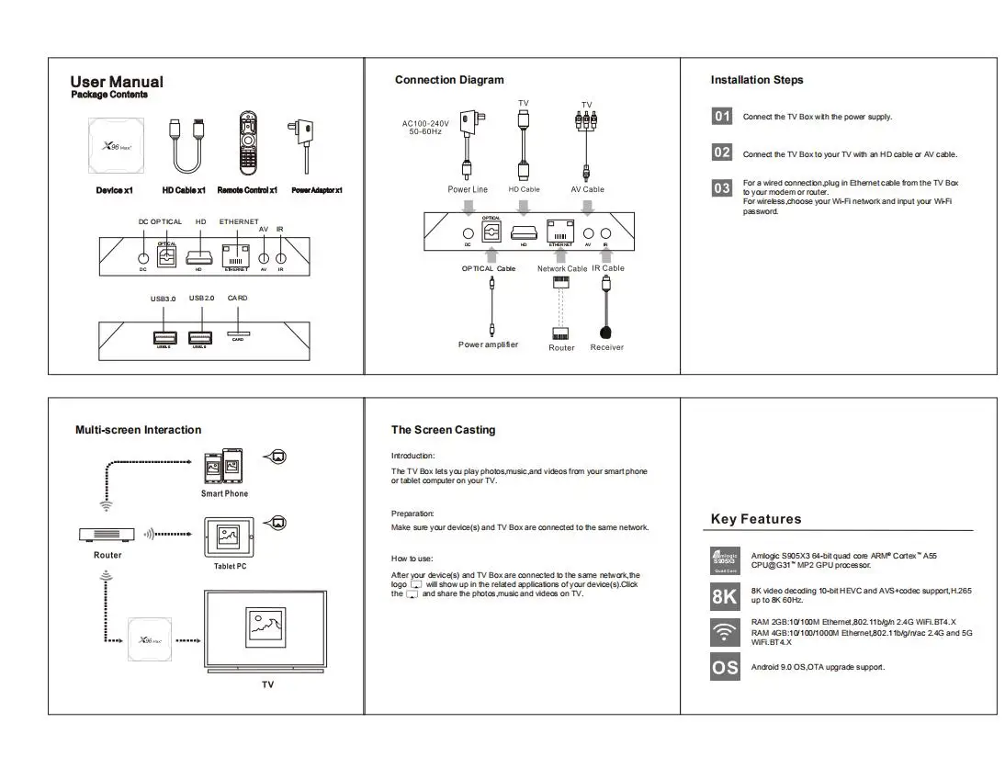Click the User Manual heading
[x=117, y=82]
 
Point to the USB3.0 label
[x=164, y=299]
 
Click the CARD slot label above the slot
[x=237, y=298]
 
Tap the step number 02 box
[x=722, y=152]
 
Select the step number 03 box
[x=722, y=187]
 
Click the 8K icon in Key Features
[x=725, y=596]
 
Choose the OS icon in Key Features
[x=725, y=667]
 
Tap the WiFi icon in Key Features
[x=725, y=632]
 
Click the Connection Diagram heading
[x=449, y=80]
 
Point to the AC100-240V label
[x=425, y=123]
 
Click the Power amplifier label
[x=488, y=344]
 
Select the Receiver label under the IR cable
[x=606, y=347]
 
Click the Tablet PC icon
[x=225, y=538]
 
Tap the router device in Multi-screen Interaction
[x=107, y=534]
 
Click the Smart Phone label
[x=224, y=493]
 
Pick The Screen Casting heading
[x=443, y=430]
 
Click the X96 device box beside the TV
[x=150, y=639]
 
